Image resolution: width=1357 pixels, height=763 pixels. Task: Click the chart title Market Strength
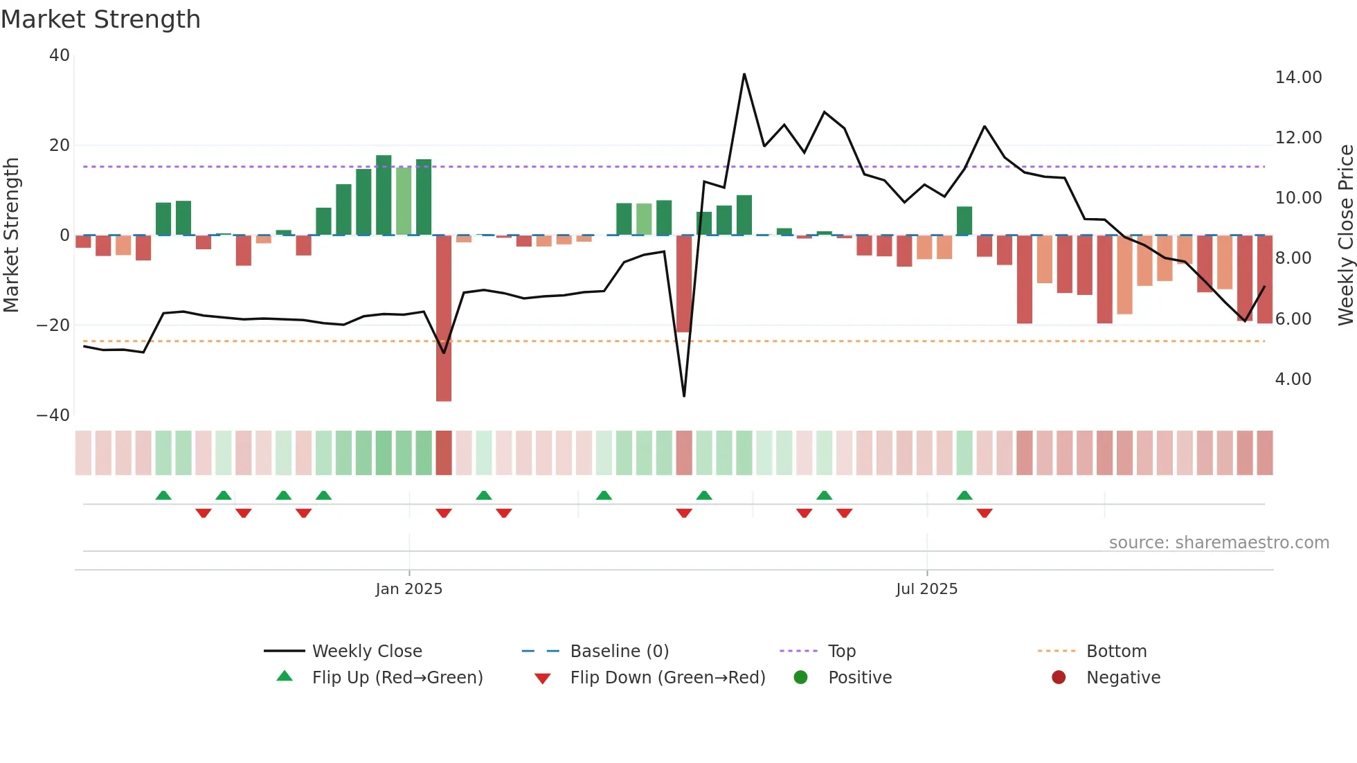(x=100, y=19)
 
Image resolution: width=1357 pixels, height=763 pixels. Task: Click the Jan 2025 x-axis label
(x=408, y=589)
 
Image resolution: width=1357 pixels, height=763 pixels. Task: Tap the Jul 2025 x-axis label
(x=926, y=589)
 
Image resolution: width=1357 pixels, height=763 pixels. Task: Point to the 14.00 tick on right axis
(x=1298, y=78)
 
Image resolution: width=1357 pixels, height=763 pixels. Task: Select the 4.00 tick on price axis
(x=1293, y=379)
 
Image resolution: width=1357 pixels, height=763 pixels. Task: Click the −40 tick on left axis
(x=53, y=415)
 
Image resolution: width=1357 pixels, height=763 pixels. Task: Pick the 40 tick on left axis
(x=60, y=55)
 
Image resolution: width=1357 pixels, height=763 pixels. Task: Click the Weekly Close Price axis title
(x=1345, y=235)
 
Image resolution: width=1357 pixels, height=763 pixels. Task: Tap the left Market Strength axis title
(x=11, y=235)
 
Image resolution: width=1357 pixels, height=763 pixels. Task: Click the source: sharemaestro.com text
(x=1219, y=543)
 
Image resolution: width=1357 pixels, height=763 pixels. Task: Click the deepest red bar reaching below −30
(x=444, y=318)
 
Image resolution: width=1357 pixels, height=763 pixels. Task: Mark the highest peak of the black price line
(x=744, y=74)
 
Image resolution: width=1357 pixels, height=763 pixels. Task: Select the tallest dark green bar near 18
(x=384, y=195)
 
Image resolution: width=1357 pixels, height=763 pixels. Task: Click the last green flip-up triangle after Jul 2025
(x=964, y=495)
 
